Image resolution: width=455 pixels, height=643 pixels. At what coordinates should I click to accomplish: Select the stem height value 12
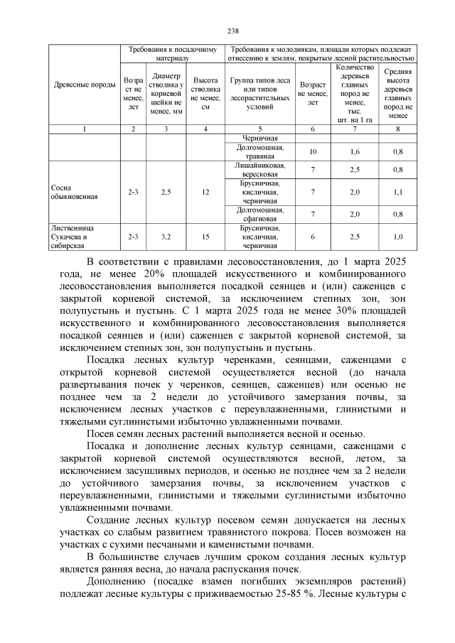click(x=205, y=193)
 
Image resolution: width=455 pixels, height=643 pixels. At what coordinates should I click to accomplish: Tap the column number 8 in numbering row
click(x=399, y=129)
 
